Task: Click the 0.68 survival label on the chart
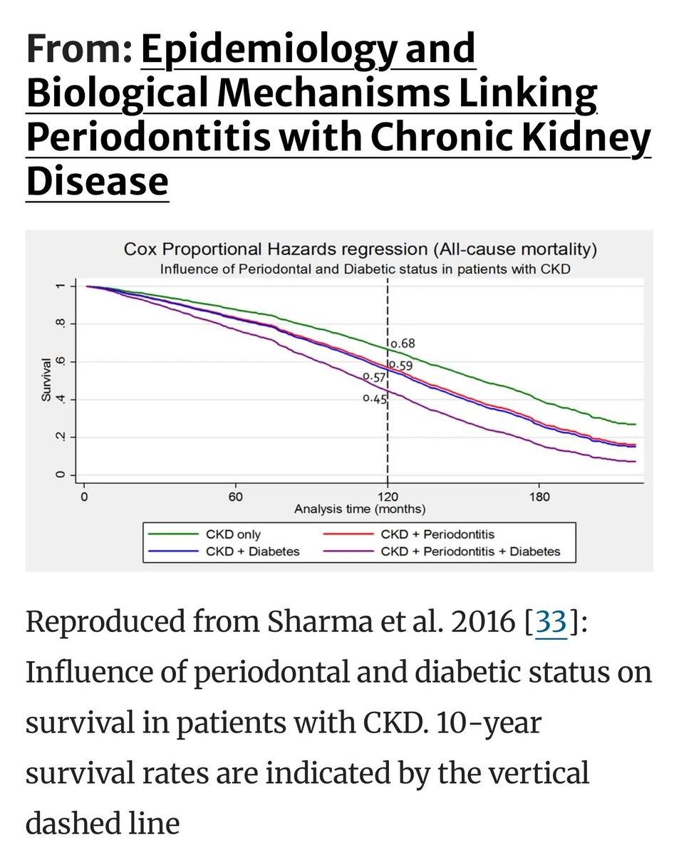click(401, 343)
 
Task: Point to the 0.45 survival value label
click(375, 399)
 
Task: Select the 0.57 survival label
click(374, 376)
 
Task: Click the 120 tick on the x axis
click(388, 496)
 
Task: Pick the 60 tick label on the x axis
click(236, 496)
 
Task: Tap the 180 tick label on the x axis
click(539, 496)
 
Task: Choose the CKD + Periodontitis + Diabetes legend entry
click(470, 551)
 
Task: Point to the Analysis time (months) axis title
click(360, 509)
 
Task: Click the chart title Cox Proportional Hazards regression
click(360, 249)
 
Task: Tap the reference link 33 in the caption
click(551, 622)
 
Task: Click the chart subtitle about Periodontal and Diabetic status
click(365, 269)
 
